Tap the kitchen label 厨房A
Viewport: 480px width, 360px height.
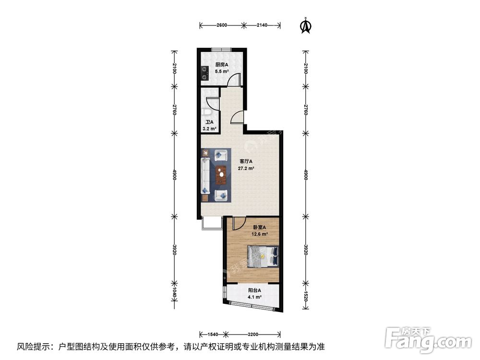(x=221, y=65)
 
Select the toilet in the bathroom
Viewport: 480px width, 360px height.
(x=205, y=112)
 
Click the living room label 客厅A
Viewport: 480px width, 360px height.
(x=246, y=162)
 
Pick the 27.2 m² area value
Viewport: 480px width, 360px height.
(x=246, y=169)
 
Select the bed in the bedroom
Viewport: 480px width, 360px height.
(x=263, y=255)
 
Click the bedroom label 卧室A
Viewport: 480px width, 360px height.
(x=259, y=227)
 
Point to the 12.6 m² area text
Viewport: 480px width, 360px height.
(x=259, y=234)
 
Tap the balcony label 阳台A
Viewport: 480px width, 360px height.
(x=254, y=290)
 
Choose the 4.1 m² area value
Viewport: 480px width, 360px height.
(x=254, y=298)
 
